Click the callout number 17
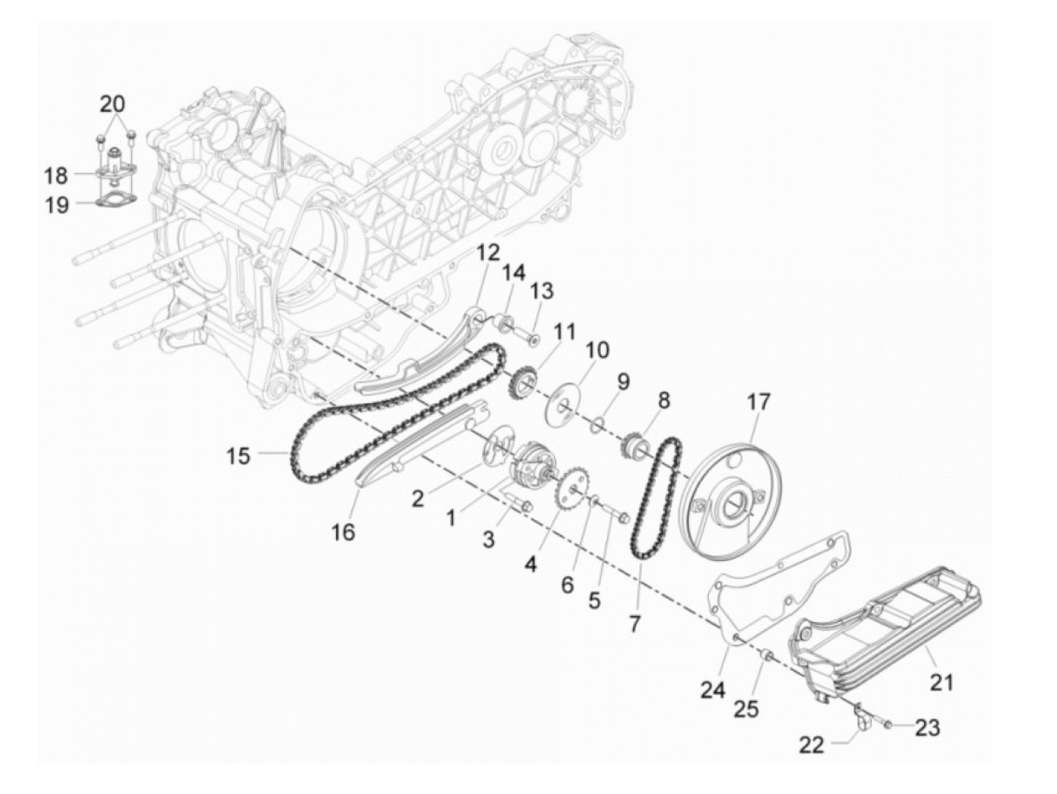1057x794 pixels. tap(759, 402)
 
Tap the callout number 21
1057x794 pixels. tap(941, 682)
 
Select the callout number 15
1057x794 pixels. tap(238, 456)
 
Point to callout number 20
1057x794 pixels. tap(114, 104)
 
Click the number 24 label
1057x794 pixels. tap(713, 689)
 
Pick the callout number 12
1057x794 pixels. tap(488, 251)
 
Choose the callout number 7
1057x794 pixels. tap(634, 623)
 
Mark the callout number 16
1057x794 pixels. tap(342, 532)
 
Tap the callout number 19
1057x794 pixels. tap(57, 205)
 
